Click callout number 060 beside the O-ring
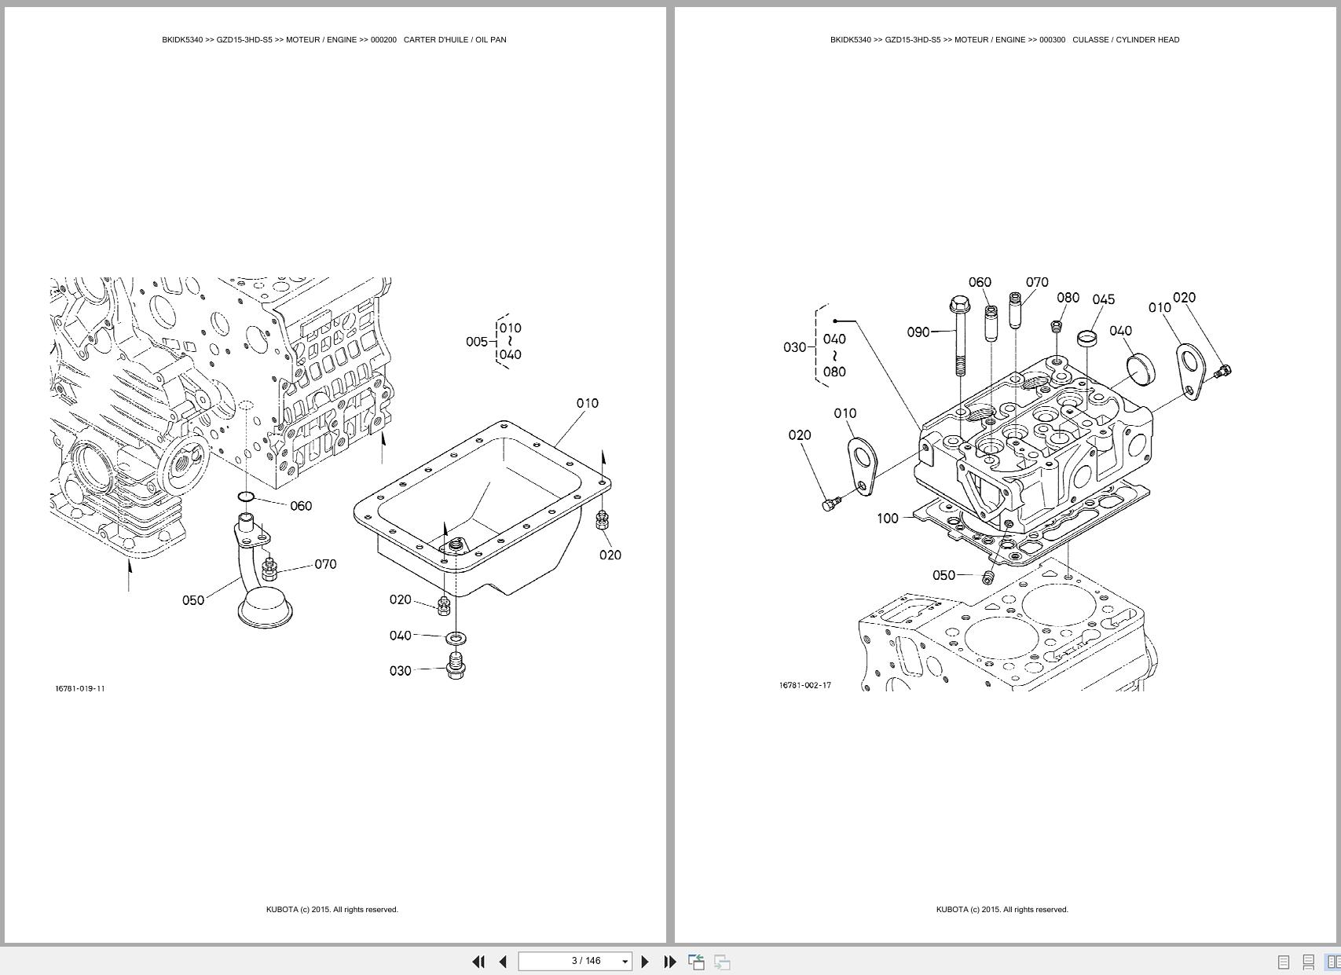click(x=301, y=506)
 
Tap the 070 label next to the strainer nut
click(x=325, y=564)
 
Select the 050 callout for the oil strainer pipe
click(x=193, y=600)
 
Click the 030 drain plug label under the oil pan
click(x=400, y=671)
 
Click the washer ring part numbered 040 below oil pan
click(x=455, y=636)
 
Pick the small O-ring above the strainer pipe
click(x=245, y=497)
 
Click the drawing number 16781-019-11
click(x=80, y=689)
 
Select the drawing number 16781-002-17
click(x=805, y=685)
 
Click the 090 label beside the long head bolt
click(x=918, y=332)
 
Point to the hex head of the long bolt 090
click(x=959, y=303)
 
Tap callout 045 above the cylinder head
click(x=1103, y=299)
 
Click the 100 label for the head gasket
click(x=887, y=519)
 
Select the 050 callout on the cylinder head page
click(x=943, y=575)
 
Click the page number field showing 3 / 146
click(x=586, y=961)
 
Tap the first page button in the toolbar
click(x=478, y=962)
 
